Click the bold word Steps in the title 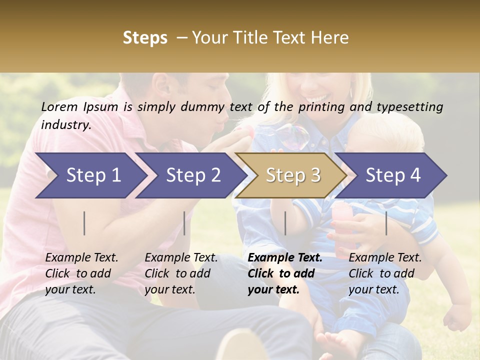click(145, 38)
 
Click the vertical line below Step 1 click(84, 223)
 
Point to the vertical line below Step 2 click(184, 223)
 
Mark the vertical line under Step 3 click(285, 223)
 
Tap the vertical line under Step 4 click(386, 223)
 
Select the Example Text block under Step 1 click(81, 273)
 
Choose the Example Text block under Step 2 click(181, 273)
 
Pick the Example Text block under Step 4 click(385, 273)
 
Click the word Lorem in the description click(59, 106)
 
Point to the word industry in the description click(66, 125)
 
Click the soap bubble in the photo click(293, 136)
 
